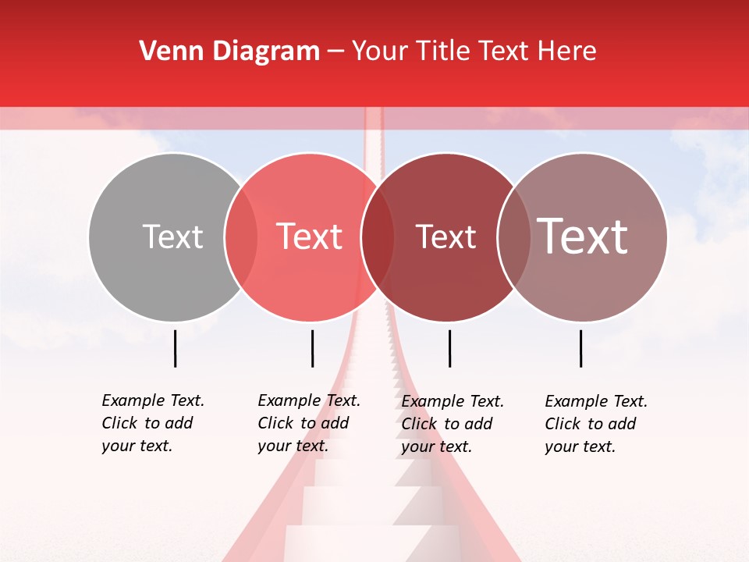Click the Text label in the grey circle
172,237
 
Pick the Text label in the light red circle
310,237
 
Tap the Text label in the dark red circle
445,237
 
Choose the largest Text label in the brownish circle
583,237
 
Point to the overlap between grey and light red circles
241,237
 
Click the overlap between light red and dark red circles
378,237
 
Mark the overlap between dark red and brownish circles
514,237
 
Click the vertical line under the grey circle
176,348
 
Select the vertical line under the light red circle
312,348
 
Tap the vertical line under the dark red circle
449,348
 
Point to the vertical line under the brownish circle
581,348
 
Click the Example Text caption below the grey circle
152,423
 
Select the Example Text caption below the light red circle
308,423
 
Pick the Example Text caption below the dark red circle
452,424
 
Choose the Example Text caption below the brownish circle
595,424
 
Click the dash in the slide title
335,52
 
